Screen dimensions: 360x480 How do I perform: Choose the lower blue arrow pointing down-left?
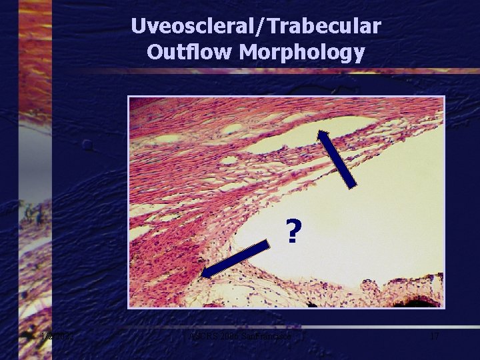click(236, 259)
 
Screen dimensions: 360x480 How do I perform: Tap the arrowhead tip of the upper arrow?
click(319, 130)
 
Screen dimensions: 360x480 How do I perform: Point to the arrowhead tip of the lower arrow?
click(202, 275)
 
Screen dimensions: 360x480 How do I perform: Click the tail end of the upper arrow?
click(355, 185)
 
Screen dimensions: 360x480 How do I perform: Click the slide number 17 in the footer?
click(434, 337)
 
